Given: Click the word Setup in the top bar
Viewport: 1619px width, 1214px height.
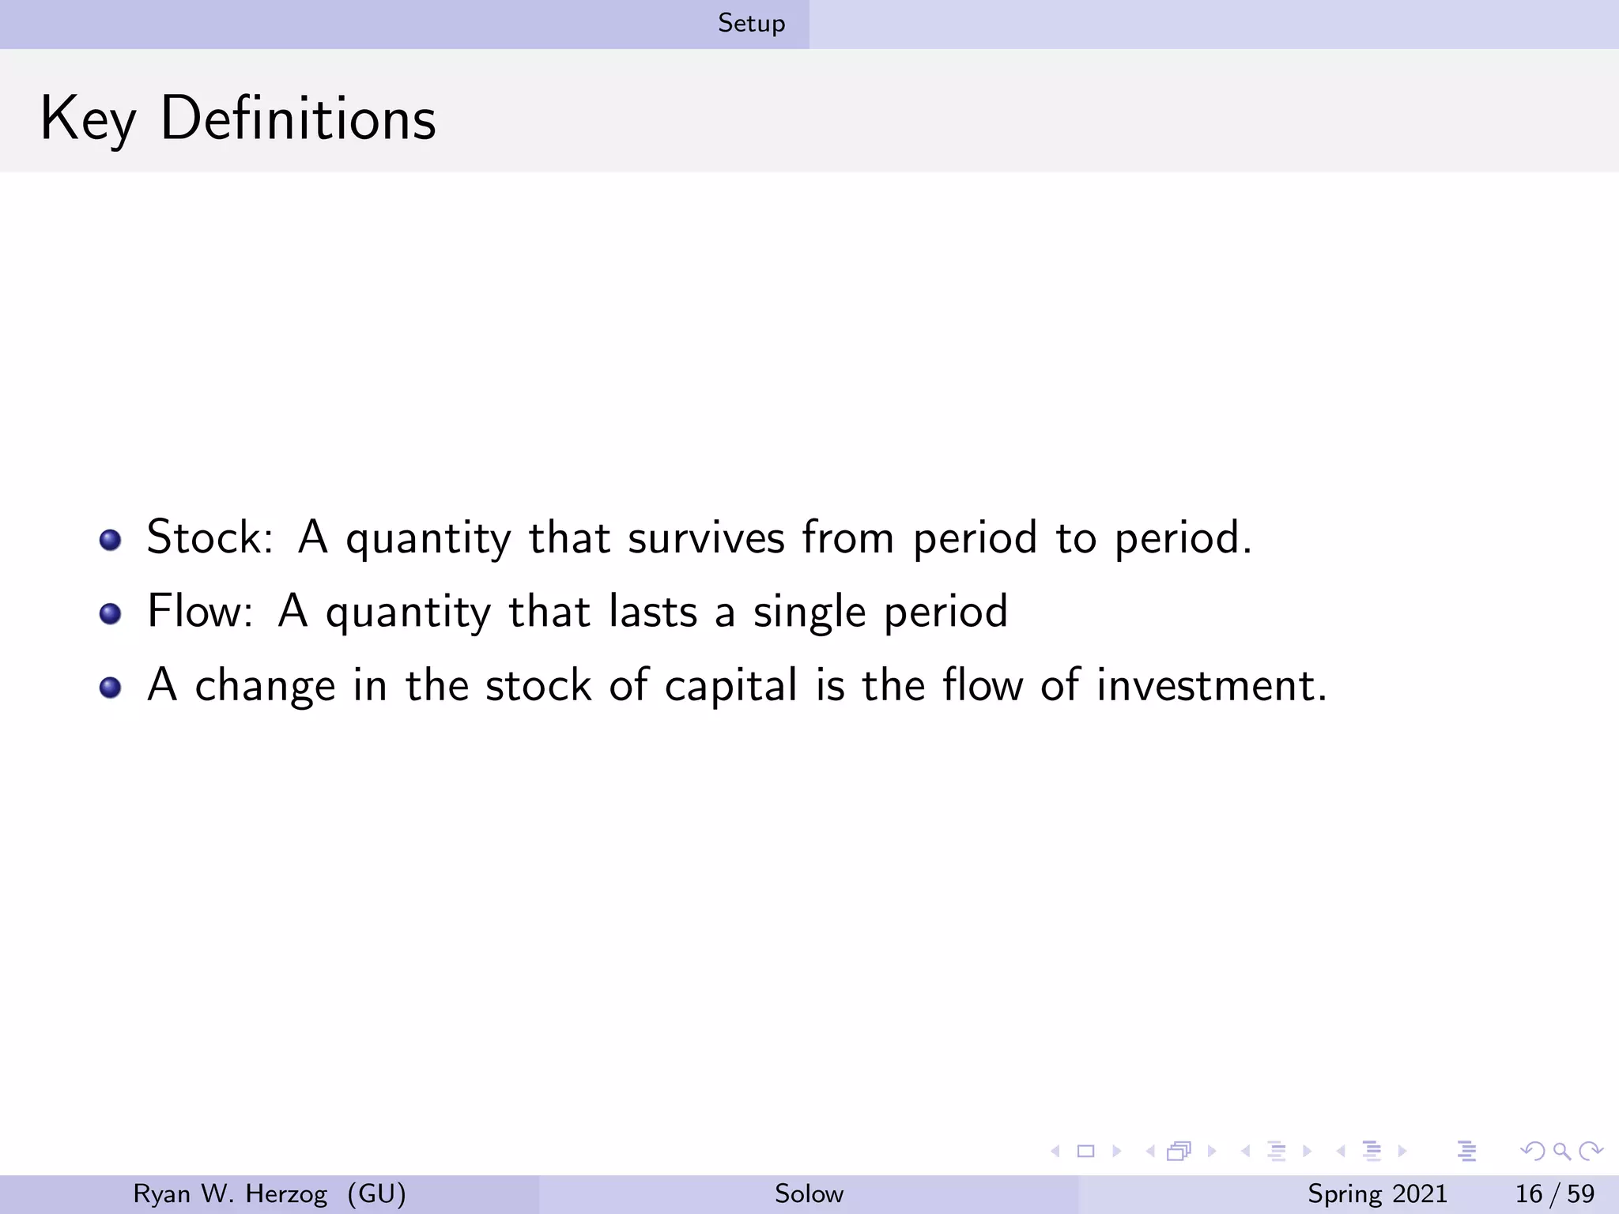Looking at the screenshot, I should [x=751, y=24].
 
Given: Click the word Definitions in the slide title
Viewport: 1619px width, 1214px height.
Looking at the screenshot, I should [x=298, y=119].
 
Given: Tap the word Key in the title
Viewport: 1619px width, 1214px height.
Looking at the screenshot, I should [x=88, y=119].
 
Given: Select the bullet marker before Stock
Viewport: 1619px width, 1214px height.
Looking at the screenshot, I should [x=110, y=541].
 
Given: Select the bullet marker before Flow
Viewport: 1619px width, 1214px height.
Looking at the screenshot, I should [x=110, y=614].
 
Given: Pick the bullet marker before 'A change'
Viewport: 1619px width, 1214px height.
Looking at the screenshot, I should [x=110, y=688].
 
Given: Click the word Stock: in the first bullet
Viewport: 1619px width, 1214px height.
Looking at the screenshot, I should [x=209, y=537].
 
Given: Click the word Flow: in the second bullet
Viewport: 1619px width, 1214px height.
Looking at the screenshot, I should [x=200, y=611].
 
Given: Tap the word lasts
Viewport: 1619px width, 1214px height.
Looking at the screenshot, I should [x=653, y=611].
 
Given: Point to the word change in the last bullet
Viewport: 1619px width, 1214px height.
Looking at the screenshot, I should [x=265, y=685].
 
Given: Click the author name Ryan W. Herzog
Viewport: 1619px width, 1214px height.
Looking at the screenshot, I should [x=230, y=1193].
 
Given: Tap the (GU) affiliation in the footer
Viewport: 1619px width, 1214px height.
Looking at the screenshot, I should [x=377, y=1193].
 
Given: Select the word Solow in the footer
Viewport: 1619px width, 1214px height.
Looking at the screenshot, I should [x=809, y=1193].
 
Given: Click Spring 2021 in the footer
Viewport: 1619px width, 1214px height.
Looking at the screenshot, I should [x=1377, y=1193].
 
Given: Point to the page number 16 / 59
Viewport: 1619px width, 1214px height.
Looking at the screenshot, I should [x=1554, y=1193].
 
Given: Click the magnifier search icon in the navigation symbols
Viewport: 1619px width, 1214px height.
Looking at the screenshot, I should [x=1561, y=1151].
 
